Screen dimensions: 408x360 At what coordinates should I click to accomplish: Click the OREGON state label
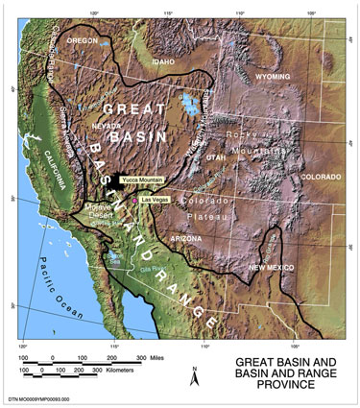pos(83,41)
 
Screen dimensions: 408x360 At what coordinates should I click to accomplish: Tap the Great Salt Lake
pos(190,103)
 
